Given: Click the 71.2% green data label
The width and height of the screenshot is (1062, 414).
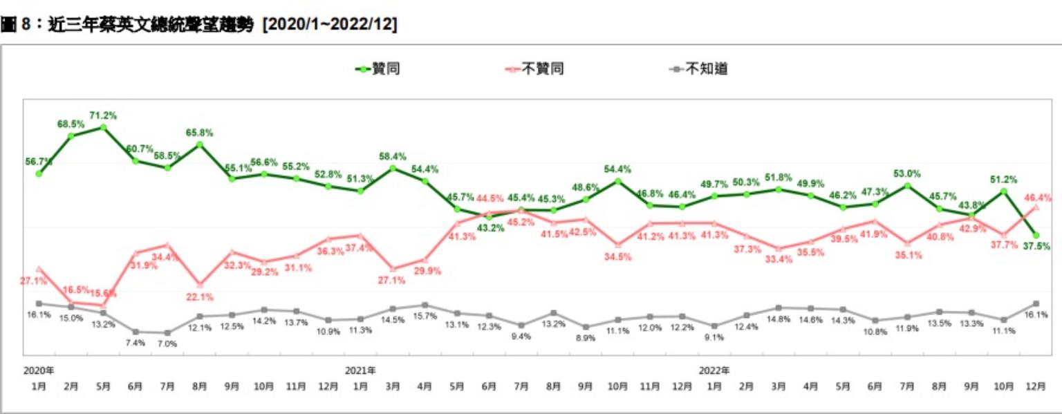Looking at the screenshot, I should point(103,115).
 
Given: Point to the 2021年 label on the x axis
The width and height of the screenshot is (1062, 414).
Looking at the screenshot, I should point(361,370).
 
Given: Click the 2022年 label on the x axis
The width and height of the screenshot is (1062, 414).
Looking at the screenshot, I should point(714,370).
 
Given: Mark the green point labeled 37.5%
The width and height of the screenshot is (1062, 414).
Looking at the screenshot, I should point(1036,235).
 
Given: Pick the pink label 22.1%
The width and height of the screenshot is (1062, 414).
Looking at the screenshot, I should point(200,297).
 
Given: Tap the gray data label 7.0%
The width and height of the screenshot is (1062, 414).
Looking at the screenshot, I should point(167,344).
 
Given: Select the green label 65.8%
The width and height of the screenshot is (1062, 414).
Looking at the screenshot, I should point(199,132).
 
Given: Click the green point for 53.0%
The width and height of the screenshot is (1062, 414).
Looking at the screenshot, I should point(907,185).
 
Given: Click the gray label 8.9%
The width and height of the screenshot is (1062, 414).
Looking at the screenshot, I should point(586,338).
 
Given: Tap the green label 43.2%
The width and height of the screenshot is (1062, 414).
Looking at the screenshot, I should point(490,227).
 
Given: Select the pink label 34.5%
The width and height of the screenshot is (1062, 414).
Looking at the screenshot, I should point(618,256).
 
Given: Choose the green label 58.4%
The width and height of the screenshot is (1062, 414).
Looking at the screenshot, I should point(393,156).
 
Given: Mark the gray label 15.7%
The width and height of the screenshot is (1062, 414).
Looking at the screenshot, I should point(425,316).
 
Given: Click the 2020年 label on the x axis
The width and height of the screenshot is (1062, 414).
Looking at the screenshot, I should point(38,370).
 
